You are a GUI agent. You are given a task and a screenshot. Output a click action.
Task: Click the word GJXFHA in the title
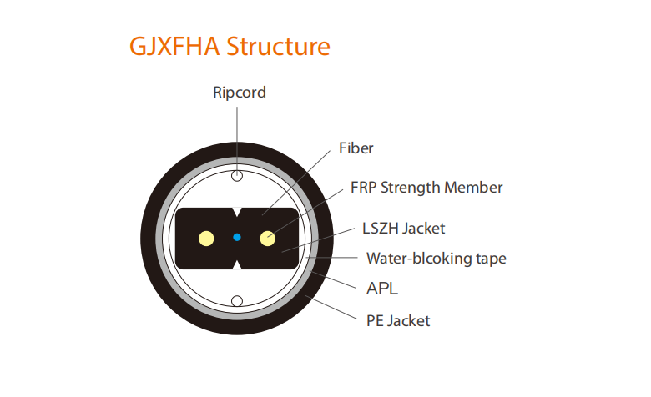point(174,46)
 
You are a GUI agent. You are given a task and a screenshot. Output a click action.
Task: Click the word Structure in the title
point(278,46)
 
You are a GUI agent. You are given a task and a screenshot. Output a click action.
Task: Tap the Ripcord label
point(240,93)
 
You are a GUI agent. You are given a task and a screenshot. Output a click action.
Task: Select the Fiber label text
point(356,148)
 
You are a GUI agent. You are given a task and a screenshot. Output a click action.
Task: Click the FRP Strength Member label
point(426,188)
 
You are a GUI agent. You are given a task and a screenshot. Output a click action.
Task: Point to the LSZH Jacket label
point(404,229)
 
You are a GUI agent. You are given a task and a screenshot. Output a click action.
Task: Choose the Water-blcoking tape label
point(437,258)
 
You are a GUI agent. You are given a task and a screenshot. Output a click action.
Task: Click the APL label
point(382,289)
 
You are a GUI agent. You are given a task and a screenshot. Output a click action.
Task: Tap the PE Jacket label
point(398,320)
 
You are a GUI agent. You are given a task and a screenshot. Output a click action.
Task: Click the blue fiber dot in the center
point(237,238)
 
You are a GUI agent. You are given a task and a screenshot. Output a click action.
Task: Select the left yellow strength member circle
point(206,239)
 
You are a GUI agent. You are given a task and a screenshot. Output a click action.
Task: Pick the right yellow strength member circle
point(267,239)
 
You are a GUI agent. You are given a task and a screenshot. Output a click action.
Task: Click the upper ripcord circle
point(237,176)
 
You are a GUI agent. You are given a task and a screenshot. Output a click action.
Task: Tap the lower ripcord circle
point(237,301)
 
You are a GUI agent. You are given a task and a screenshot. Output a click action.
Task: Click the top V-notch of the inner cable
point(237,212)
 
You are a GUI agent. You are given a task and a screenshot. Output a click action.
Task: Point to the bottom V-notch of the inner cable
point(237,264)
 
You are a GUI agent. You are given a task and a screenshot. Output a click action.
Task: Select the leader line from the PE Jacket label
point(331,308)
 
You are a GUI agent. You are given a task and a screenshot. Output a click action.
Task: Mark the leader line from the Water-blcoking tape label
point(332,258)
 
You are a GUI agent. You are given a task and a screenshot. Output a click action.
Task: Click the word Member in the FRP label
point(473,188)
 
